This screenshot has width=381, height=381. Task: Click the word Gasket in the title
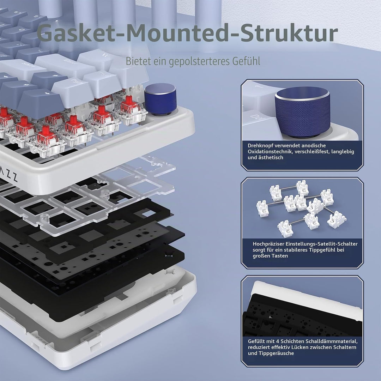pos(76,33)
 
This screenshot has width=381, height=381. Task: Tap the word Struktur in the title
pos(289,33)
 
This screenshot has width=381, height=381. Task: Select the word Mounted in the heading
pos(178,33)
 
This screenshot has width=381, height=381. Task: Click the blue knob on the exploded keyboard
pos(161,99)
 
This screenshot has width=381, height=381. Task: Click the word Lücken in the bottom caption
pos(297,347)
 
